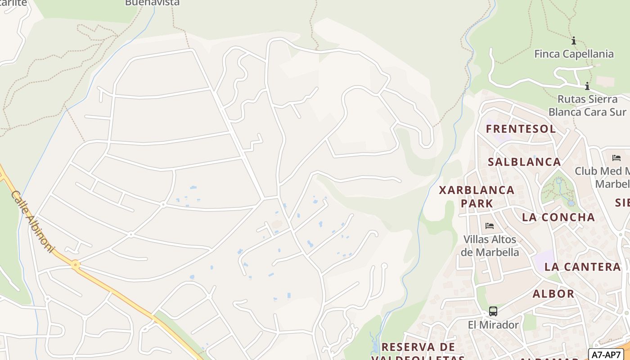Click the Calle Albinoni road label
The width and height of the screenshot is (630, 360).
(x=32, y=221)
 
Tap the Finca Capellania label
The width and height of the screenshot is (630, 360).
(x=574, y=54)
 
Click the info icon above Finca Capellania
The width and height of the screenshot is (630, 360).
(x=574, y=41)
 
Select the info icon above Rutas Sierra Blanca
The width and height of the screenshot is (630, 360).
(x=587, y=86)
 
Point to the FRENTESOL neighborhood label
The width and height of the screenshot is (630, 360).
(x=521, y=129)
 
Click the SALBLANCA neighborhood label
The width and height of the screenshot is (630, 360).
(x=524, y=162)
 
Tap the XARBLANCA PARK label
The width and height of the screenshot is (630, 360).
(x=477, y=197)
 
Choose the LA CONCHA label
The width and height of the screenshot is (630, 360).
(x=558, y=217)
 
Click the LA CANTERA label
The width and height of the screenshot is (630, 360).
(x=582, y=267)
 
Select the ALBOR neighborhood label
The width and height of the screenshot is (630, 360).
(x=553, y=294)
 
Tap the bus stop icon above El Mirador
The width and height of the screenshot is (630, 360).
(x=493, y=311)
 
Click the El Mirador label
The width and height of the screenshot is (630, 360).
(x=493, y=324)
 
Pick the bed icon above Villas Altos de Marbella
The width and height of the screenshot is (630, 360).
(x=490, y=225)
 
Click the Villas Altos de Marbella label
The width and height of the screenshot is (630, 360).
(x=490, y=246)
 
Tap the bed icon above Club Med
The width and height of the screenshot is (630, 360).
(x=616, y=157)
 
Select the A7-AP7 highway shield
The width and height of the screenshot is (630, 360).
(x=606, y=354)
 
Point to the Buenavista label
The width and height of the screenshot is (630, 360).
(x=152, y=3)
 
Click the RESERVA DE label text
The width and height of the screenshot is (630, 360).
(x=418, y=347)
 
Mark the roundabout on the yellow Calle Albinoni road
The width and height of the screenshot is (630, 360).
(x=75, y=265)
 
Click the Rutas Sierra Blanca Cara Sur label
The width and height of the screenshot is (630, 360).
(x=587, y=105)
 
